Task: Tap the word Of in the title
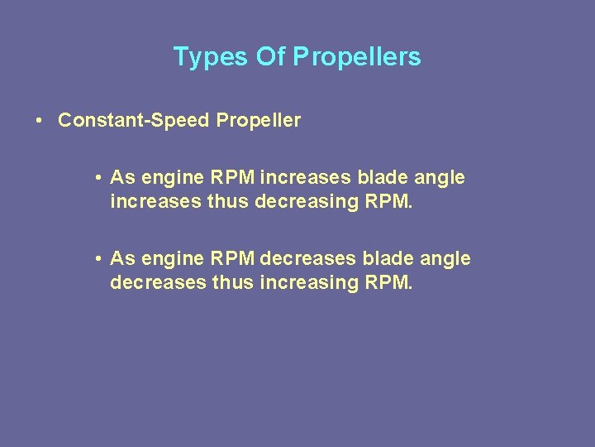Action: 269,57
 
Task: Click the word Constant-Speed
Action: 134,121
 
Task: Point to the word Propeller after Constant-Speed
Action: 258,121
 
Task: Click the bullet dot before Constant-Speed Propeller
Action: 40,121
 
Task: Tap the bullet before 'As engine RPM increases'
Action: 98,178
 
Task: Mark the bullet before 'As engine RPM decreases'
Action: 98,259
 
